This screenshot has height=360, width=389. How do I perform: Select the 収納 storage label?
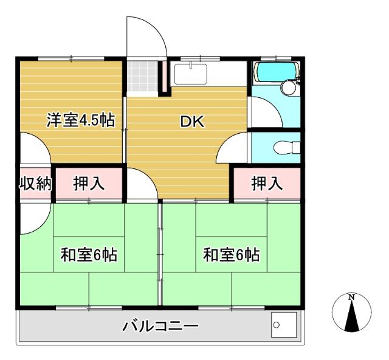[x=34, y=184]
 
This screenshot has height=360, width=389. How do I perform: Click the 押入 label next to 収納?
[x=89, y=184]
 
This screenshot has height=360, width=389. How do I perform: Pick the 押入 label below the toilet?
[x=267, y=184]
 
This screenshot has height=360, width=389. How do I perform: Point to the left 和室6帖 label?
[x=89, y=255]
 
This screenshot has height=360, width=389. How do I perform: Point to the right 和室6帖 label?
[x=231, y=255]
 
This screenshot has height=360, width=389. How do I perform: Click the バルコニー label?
[x=160, y=327]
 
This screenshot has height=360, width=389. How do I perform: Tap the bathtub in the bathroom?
[x=275, y=72]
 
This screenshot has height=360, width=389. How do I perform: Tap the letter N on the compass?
[x=351, y=297]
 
